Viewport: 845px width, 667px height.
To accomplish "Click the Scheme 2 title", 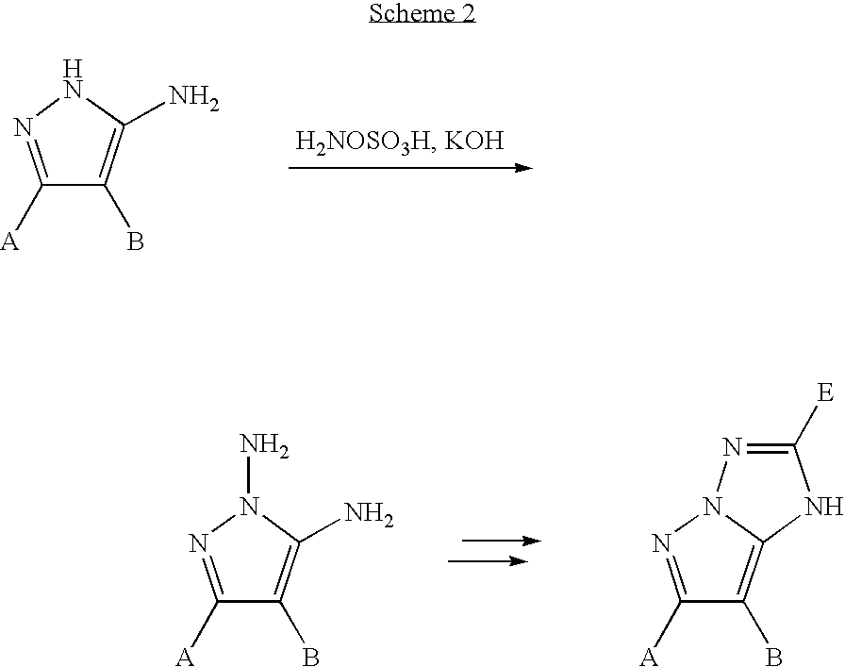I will point(422,13).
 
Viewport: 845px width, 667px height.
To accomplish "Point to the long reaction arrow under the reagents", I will point(410,168).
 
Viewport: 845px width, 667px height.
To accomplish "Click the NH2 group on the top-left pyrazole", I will point(192,98).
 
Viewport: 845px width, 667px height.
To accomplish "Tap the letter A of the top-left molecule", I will point(10,243).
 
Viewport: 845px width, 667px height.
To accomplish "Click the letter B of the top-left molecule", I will point(136,243).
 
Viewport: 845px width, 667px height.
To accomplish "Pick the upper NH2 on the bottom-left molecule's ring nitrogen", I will point(265,443).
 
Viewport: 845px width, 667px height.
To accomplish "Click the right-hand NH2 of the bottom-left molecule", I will point(369,515).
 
